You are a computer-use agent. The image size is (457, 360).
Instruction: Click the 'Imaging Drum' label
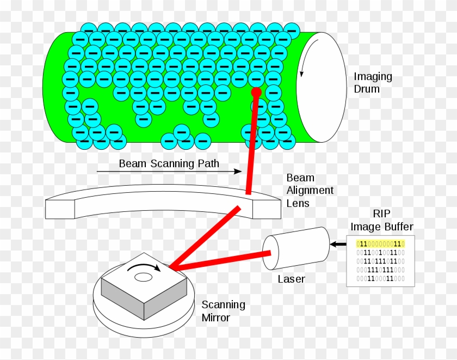(x=373, y=82)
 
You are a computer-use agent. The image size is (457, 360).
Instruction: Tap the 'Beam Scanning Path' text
(x=169, y=163)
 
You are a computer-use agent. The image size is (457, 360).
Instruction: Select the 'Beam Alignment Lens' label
(x=310, y=191)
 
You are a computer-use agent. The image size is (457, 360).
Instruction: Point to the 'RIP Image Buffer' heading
(x=381, y=221)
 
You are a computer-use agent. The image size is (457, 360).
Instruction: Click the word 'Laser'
(x=291, y=279)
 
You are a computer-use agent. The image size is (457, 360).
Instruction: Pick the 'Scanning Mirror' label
(x=223, y=311)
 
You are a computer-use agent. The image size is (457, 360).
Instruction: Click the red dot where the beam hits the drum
(x=256, y=93)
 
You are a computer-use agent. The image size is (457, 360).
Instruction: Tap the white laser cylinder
(x=297, y=248)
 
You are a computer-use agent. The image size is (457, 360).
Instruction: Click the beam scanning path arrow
(x=169, y=172)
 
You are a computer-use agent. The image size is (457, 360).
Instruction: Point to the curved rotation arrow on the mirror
(x=144, y=267)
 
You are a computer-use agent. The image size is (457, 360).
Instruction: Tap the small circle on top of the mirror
(x=143, y=277)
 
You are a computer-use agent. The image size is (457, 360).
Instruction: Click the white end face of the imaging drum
(x=321, y=87)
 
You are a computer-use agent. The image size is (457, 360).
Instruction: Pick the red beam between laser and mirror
(x=220, y=260)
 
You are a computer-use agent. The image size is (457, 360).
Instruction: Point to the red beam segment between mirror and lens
(x=204, y=237)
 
